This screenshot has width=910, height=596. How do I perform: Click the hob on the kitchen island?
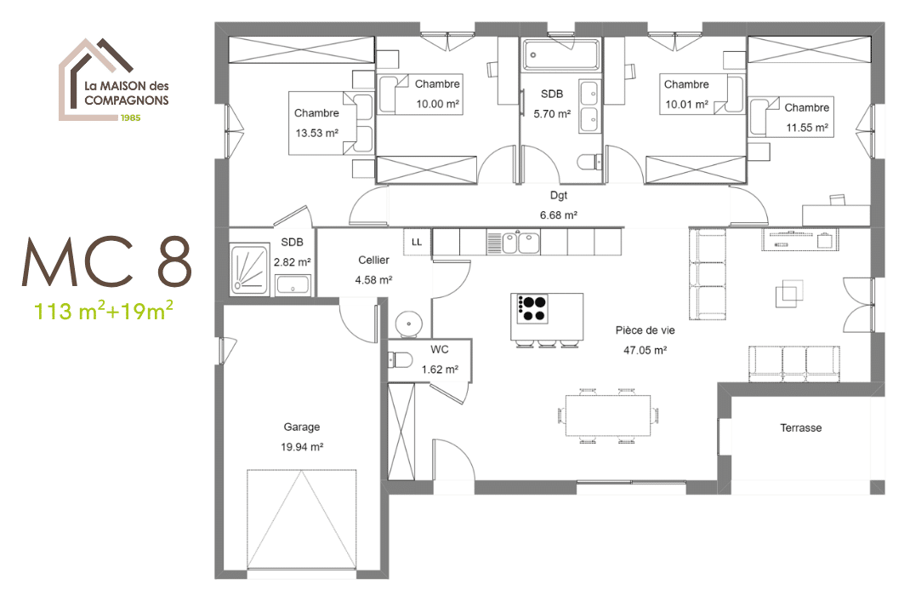point(533,308)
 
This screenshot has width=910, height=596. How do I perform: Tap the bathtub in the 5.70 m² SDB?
point(561,56)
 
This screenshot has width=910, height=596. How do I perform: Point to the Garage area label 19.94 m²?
point(302,446)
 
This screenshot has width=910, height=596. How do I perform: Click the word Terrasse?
point(800,428)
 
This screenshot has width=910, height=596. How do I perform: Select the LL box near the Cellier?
point(417,242)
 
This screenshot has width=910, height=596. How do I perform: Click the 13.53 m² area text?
point(316,132)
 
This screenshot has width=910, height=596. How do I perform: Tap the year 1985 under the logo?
point(130,117)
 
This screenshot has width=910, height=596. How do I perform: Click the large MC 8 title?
point(106,262)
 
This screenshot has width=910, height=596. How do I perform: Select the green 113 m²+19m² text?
point(104,311)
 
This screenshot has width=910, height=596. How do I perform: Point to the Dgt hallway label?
point(558,195)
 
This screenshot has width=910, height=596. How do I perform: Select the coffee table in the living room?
point(787,295)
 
